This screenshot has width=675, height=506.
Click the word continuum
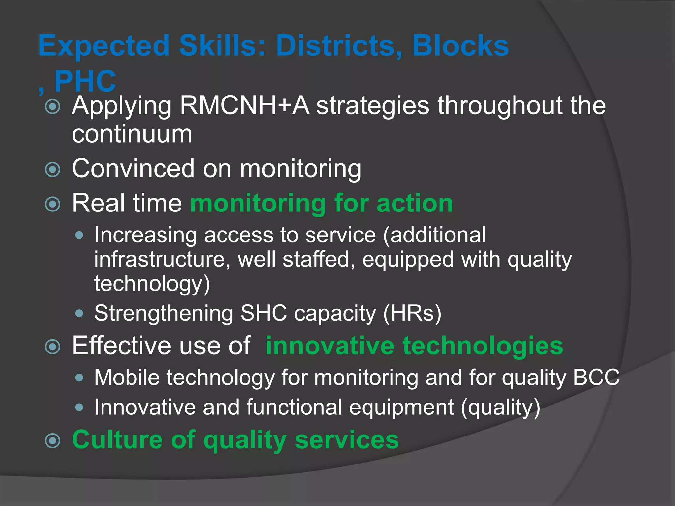[x=132, y=134]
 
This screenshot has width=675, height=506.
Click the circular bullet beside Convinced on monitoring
[x=53, y=170]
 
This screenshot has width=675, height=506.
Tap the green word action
[x=415, y=203]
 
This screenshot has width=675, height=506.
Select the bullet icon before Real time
[x=53, y=204]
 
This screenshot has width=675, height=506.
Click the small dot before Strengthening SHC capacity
[x=79, y=313]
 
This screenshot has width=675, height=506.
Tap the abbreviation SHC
[x=264, y=313]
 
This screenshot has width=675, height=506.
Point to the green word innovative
[x=330, y=346]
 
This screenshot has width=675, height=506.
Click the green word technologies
[x=483, y=346]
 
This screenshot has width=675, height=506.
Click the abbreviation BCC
[x=597, y=377]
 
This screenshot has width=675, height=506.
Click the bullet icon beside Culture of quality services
[x=53, y=441]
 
